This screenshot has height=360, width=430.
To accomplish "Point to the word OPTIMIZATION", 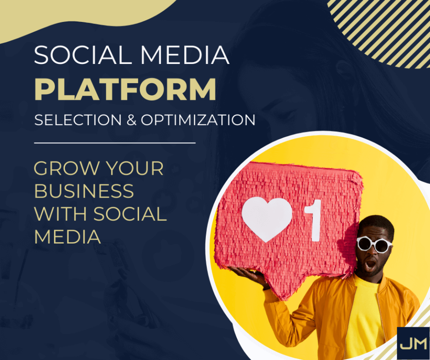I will [198, 120].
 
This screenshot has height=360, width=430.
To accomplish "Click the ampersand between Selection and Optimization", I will [130, 120].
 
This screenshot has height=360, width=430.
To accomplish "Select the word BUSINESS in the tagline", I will [84, 191].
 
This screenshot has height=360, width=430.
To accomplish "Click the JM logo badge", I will [413, 343].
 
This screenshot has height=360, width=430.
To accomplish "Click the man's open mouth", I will [371, 263].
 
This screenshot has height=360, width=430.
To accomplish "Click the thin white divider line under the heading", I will [115, 142].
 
